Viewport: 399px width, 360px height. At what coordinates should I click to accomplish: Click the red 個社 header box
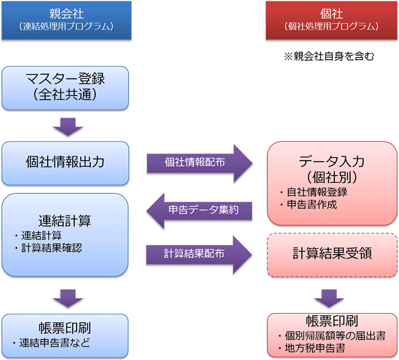click(x=330, y=20)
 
